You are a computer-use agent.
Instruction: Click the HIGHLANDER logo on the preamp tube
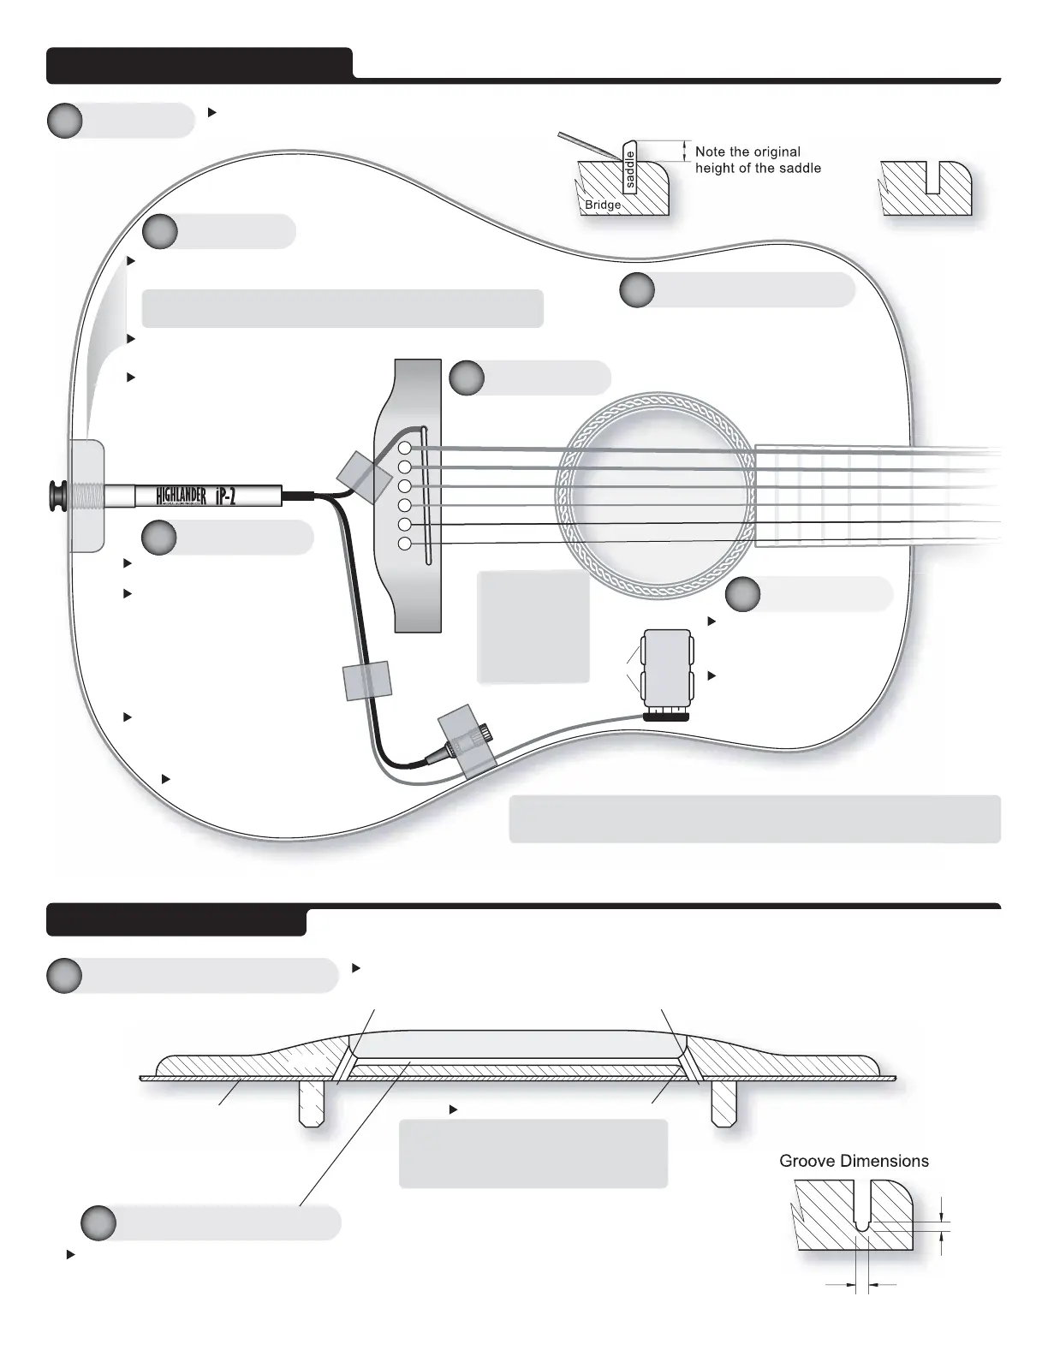182,496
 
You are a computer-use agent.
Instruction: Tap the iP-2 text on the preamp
226,496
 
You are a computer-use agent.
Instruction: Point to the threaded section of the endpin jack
86,496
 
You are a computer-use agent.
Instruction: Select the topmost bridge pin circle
405,449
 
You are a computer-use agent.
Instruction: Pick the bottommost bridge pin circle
405,544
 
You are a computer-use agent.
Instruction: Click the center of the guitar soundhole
655,496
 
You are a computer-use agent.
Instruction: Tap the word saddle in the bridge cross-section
630,169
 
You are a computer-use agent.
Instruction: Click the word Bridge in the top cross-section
603,205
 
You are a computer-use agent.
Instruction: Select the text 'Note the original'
747,152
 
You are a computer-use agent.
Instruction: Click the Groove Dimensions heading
854,1162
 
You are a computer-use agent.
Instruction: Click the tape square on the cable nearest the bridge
363,476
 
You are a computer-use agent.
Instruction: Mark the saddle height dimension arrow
684,152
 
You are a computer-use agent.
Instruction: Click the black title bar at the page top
199,66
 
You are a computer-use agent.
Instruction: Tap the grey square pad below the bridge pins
534,627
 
